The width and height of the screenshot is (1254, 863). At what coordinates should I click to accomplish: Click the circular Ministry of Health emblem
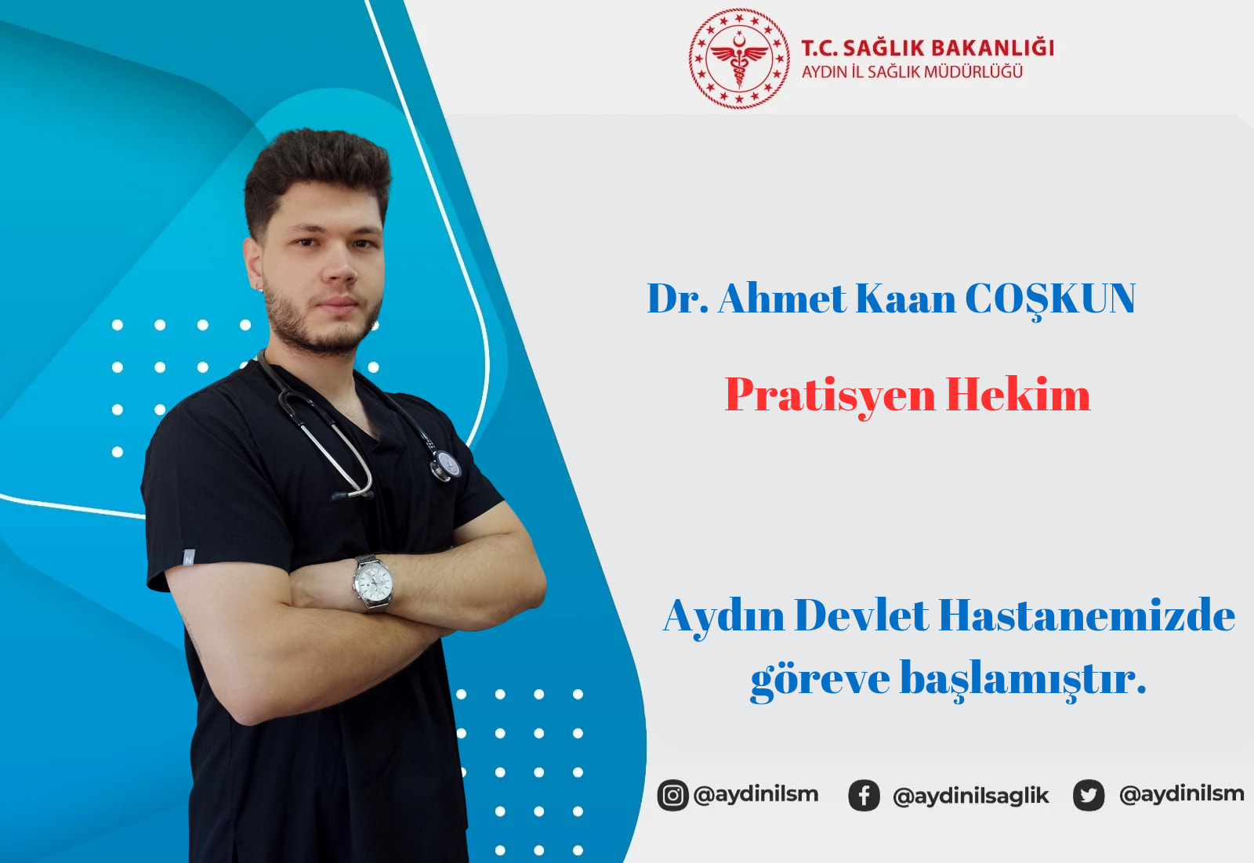(739, 58)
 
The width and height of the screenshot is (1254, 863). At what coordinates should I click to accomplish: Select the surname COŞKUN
(1050, 299)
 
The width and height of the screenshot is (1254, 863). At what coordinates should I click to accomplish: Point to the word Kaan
(905, 299)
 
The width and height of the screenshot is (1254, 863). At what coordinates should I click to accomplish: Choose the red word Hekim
(1018, 395)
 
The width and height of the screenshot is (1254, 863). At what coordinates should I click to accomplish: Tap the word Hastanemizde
(1086, 616)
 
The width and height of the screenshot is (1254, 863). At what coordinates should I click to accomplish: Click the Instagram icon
(672, 795)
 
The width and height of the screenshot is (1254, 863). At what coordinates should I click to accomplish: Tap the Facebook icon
(864, 796)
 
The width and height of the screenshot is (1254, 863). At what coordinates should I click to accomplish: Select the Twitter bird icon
(1089, 796)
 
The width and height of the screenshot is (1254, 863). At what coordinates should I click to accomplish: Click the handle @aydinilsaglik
(971, 796)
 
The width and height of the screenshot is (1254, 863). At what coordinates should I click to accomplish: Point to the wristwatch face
(374, 582)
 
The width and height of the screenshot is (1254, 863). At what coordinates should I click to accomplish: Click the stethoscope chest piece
(446, 465)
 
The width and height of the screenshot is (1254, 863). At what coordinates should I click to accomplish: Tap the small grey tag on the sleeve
(189, 557)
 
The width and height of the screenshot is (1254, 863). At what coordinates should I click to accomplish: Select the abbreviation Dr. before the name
(677, 299)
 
